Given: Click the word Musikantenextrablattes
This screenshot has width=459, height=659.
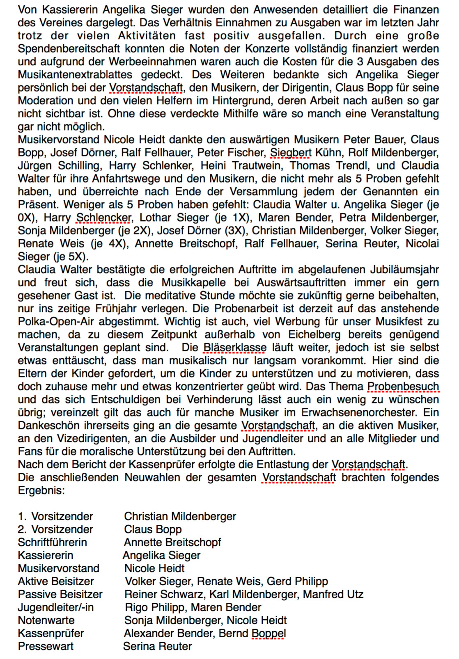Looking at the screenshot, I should click(75, 75).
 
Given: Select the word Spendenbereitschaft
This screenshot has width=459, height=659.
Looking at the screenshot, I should click(69, 49).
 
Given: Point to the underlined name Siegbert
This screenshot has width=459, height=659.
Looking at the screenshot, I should click(291, 153).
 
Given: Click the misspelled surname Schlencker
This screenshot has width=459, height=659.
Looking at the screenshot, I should click(104, 217).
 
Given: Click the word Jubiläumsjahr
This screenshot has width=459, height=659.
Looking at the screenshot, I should click(404, 270).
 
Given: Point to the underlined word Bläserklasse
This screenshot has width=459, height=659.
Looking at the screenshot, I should click(235, 348).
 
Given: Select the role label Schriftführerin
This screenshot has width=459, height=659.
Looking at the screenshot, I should click(53, 542).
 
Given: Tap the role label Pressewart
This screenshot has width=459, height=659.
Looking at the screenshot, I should click(46, 646).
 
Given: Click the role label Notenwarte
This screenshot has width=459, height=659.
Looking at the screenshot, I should click(46, 620).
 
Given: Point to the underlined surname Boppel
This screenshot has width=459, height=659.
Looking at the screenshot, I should click(269, 633).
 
